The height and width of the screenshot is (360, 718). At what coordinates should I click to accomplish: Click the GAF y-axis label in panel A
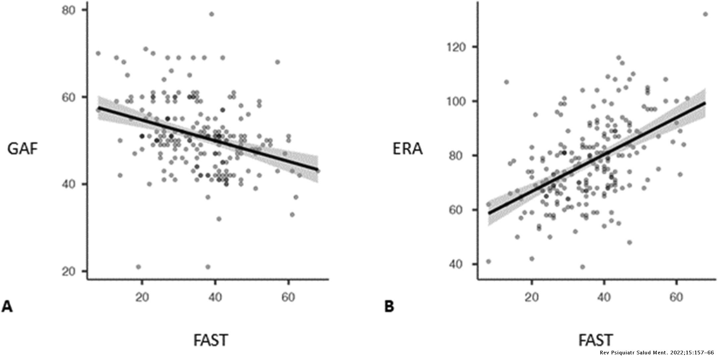pyautogui.click(x=23, y=149)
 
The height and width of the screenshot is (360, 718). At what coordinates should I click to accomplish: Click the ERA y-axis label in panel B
pyautogui.click(x=407, y=149)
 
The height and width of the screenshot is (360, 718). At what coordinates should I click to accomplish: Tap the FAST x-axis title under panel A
pyautogui.click(x=211, y=340)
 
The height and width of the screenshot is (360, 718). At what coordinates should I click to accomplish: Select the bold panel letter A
pyautogui.click(x=7, y=307)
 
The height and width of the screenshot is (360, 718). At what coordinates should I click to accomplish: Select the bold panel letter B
pyautogui.click(x=389, y=307)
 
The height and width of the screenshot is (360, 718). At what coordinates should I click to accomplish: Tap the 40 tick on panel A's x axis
pyautogui.click(x=215, y=297)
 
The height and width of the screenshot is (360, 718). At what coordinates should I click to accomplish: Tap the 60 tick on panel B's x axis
pyautogui.click(x=676, y=297)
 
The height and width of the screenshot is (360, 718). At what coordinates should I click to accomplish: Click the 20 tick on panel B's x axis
pyautogui.click(x=532, y=297)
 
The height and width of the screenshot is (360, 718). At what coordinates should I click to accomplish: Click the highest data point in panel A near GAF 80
pyautogui.click(x=212, y=14)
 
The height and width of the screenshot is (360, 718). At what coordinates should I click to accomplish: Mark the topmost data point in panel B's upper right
pyautogui.click(x=705, y=14)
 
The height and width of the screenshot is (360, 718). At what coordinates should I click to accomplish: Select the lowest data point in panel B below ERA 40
pyautogui.click(x=582, y=267)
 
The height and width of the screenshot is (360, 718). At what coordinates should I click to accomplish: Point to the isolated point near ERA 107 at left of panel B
pyautogui.click(x=506, y=82)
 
